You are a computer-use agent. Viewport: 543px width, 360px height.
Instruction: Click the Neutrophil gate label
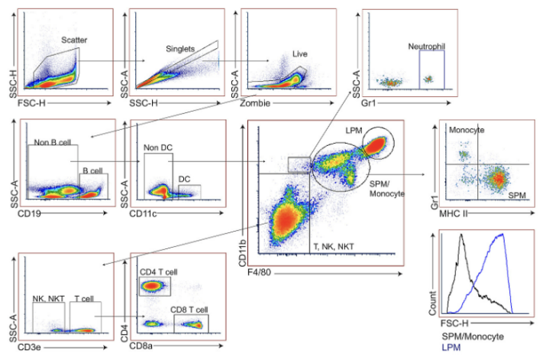(426, 46)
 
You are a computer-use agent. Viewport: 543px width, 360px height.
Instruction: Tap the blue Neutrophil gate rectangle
(420, 70)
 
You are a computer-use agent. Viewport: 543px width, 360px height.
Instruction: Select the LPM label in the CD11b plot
(354, 130)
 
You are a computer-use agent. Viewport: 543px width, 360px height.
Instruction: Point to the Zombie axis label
(255, 103)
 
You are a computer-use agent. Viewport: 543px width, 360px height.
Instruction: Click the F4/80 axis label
(259, 272)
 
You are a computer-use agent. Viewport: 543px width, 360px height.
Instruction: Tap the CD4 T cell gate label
(158, 272)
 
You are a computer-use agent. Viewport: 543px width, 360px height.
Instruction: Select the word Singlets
(180, 49)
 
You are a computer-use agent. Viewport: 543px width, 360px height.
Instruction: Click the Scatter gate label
(74, 40)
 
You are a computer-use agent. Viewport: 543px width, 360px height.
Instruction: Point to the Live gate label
(299, 54)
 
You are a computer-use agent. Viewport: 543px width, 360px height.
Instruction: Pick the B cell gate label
(92, 170)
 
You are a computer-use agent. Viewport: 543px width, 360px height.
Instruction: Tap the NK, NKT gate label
(48, 299)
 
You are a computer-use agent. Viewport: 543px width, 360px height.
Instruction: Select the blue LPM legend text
(451, 347)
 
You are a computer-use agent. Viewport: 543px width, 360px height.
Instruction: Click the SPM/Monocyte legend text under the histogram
(473, 336)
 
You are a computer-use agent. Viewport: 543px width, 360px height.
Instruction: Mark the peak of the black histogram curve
(461, 235)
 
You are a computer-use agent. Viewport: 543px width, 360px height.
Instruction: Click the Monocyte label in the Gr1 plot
(467, 130)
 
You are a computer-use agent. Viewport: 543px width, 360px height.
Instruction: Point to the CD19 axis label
(29, 213)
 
